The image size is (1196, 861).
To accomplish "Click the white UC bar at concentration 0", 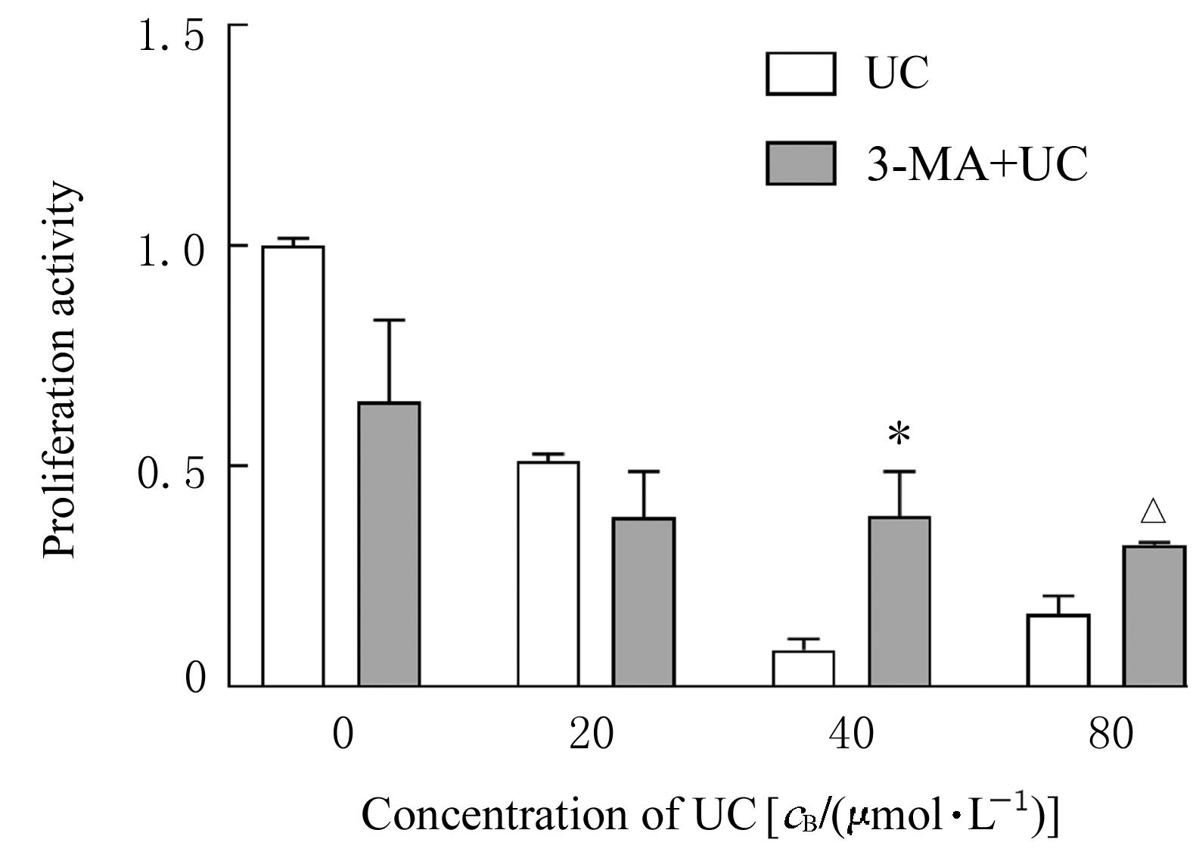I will click(x=293, y=466).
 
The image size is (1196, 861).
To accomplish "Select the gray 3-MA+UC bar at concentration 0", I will click(x=389, y=544).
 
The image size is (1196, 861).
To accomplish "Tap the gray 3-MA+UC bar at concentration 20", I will click(x=644, y=601).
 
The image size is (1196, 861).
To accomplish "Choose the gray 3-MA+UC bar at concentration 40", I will click(x=899, y=601).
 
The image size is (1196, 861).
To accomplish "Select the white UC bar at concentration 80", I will click(x=1058, y=650).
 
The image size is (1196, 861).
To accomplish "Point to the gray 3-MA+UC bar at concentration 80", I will click(x=1154, y=616).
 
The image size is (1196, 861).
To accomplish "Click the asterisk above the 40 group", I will click(x=899, y=436).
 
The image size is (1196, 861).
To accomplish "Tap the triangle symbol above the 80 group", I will click(x=1154, y=511).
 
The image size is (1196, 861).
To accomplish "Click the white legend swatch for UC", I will click(x=800, y=73).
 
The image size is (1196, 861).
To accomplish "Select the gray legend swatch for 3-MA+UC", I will click(x=800, y=163).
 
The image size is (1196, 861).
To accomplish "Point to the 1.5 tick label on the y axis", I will click(x=172, y=36).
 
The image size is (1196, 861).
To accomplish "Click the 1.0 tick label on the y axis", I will click(x=172, y=252).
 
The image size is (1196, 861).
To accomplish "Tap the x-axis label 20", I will click(x=592, y=733).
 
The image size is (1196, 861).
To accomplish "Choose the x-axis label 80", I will click(x=1111, y=733).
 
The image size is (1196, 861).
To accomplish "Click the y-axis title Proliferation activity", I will click(x=61, y=371).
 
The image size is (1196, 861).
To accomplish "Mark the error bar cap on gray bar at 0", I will click(x=389, y=321).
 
